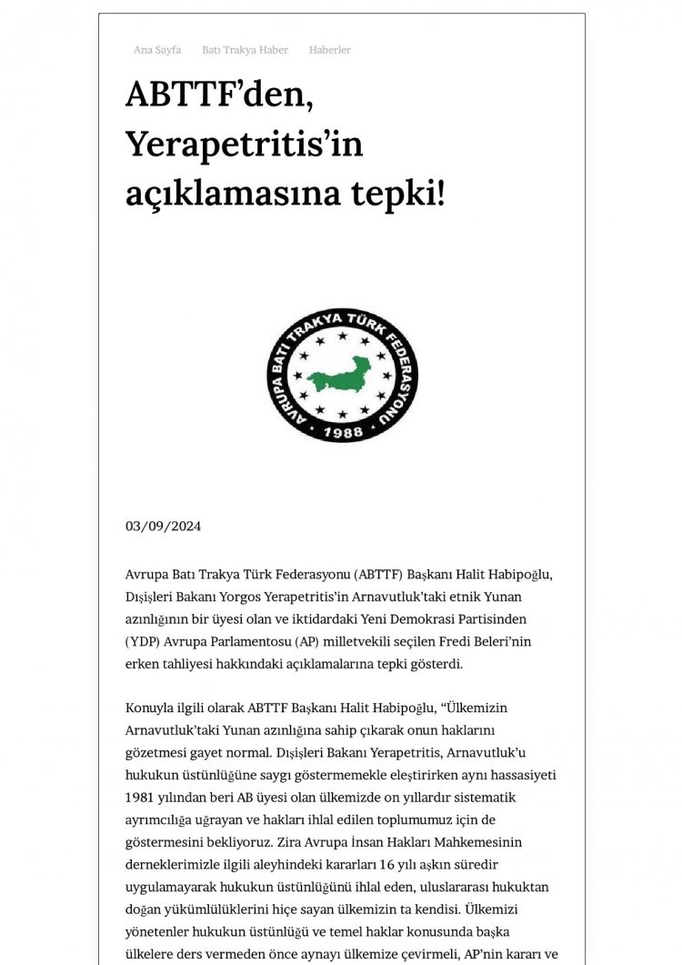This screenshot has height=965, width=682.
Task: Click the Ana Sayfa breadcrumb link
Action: point(156,50)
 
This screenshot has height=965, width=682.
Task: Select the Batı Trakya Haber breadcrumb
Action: point(245,50)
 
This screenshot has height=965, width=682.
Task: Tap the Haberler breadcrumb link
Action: point(329,50)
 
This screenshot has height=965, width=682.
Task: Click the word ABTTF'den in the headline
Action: point(219,95)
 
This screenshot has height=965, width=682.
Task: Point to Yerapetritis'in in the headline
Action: point(245,143)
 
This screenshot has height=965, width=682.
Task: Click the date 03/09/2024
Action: point(163,527)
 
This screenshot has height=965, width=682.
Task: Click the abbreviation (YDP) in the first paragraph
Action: point(145,642)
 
